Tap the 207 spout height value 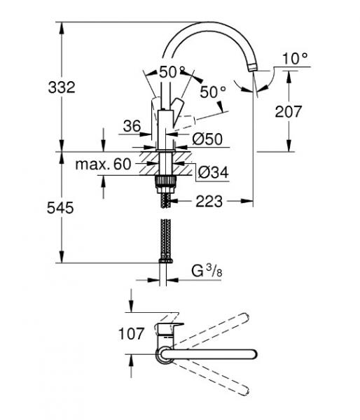coord(289,111)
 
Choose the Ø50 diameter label coord(207,139)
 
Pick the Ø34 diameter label coord(212,171)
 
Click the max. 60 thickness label coord(103,164)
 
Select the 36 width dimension coord(132,126)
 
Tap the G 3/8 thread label coord(206,270)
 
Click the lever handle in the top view coord(170,330)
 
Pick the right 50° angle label coord(214,91)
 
